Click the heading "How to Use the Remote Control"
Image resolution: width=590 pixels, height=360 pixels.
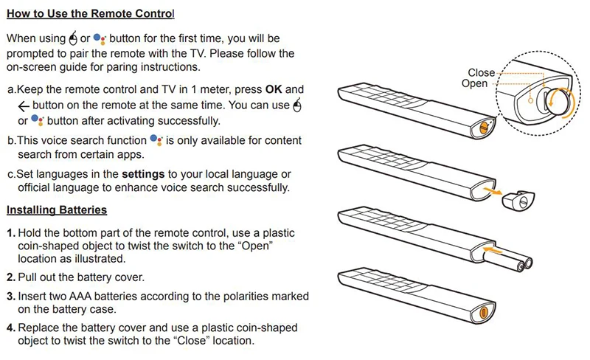(91, 14)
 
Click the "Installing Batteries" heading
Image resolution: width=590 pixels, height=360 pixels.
(57, 210)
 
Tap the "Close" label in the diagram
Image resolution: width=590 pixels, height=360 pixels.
(482, 73)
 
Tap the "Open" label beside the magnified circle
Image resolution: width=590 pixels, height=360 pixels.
(475, 83)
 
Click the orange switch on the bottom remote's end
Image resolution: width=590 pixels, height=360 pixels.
(484, 312)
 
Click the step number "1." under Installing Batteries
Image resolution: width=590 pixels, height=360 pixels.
(11, 232)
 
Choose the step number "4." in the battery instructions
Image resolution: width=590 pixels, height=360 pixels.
(11, 327)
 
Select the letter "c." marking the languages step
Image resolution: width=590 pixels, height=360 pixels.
(11, 173)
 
